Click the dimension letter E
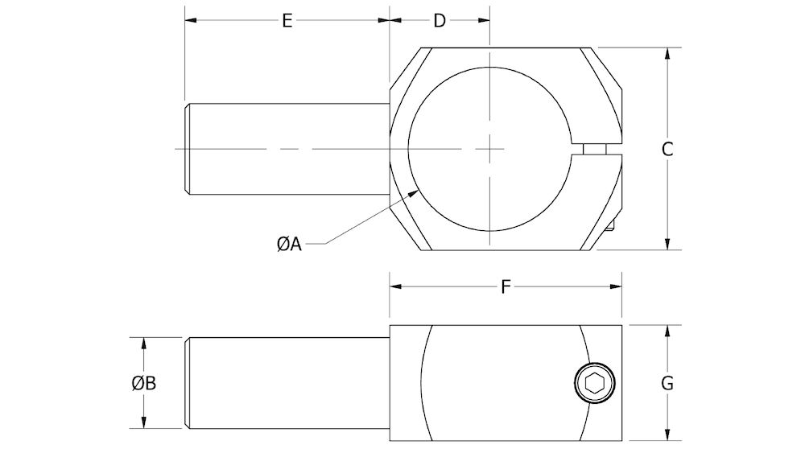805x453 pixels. tap(287, 21)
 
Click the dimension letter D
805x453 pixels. tap(440, 21)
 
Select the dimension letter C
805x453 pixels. tap(667, 149)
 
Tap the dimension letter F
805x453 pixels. tap(506, 287)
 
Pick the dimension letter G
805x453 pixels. tap(667, 384)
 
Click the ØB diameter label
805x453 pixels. tap(144, 384)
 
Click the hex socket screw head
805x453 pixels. tap(595, 384)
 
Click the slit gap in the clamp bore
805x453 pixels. tap(597, 149)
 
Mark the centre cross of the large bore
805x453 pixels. tap(489, 149)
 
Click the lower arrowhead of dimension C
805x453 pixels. tap(667, 247)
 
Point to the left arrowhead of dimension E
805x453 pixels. tap(188, 21)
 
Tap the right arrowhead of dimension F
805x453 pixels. tap(621, 287)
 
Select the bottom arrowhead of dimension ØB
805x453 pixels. tap(144, 426)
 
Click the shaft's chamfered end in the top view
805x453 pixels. tap(188, 149)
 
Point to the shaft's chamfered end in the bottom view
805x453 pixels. tap(188, 384)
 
